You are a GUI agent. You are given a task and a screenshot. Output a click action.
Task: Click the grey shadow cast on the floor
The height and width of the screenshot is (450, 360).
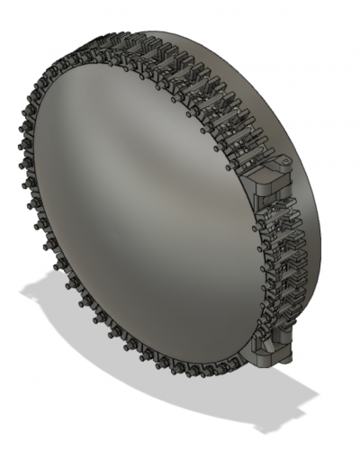[x=180, y=378]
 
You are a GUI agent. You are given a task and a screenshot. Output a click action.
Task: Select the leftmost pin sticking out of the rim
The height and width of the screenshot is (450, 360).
[x=18, y=144]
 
